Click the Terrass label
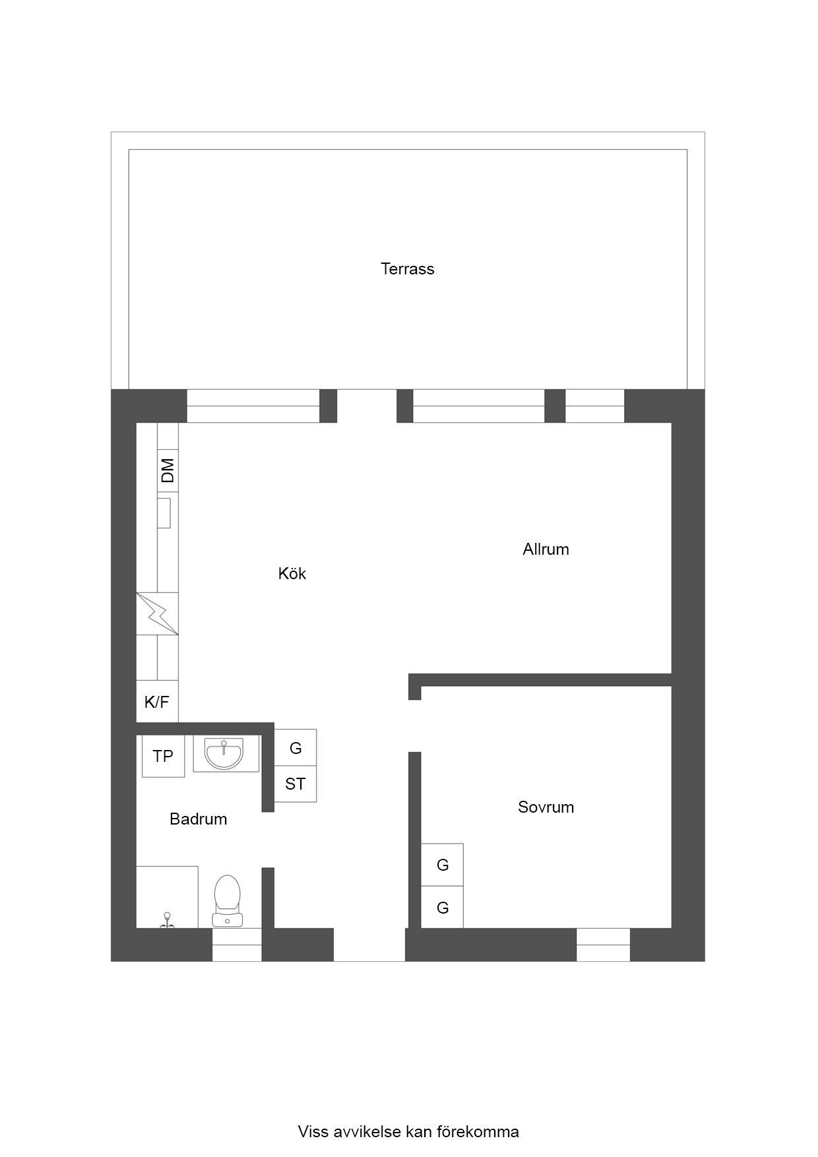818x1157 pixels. coord(407,268)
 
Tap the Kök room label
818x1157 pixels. coord(292,573)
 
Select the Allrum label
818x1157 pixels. coord(546,549)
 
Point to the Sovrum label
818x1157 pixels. coord(546,807)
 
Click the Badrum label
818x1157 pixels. coord(198,819)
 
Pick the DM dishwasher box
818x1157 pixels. coord(168,470)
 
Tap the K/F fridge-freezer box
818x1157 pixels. coord(157,701)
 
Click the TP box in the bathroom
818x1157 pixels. coord(163,756)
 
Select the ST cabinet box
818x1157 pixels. coord(295,784)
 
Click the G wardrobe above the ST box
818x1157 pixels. coord(295,747)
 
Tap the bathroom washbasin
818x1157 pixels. coord(224,754)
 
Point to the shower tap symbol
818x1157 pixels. coord(168,920)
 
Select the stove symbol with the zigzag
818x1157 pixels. coord(157,614)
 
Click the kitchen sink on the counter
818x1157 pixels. coord(164,513)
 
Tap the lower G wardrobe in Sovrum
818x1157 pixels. coord(442,908)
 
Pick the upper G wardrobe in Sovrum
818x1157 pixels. coord(442,864)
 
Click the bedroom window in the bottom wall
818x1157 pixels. coord(603,945)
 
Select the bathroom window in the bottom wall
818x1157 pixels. coord(237,945)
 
